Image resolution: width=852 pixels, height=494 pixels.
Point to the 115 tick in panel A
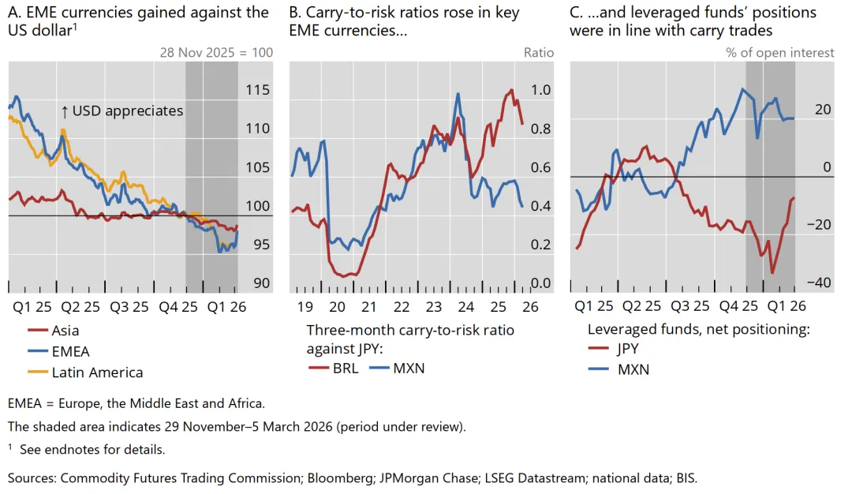pos(257,90)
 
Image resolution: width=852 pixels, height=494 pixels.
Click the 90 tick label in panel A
pos(261,283)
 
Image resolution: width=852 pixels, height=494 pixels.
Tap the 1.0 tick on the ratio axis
pos(540,90)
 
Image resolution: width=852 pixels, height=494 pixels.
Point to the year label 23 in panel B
pos(434,307)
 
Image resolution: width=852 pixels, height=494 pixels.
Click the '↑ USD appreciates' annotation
pos(121,111)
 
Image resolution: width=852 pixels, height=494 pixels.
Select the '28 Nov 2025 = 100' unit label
pos(216,53)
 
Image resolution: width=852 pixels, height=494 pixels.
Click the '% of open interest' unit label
pos(779,53)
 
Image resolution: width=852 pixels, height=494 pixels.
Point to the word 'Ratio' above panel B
pos(539,53)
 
